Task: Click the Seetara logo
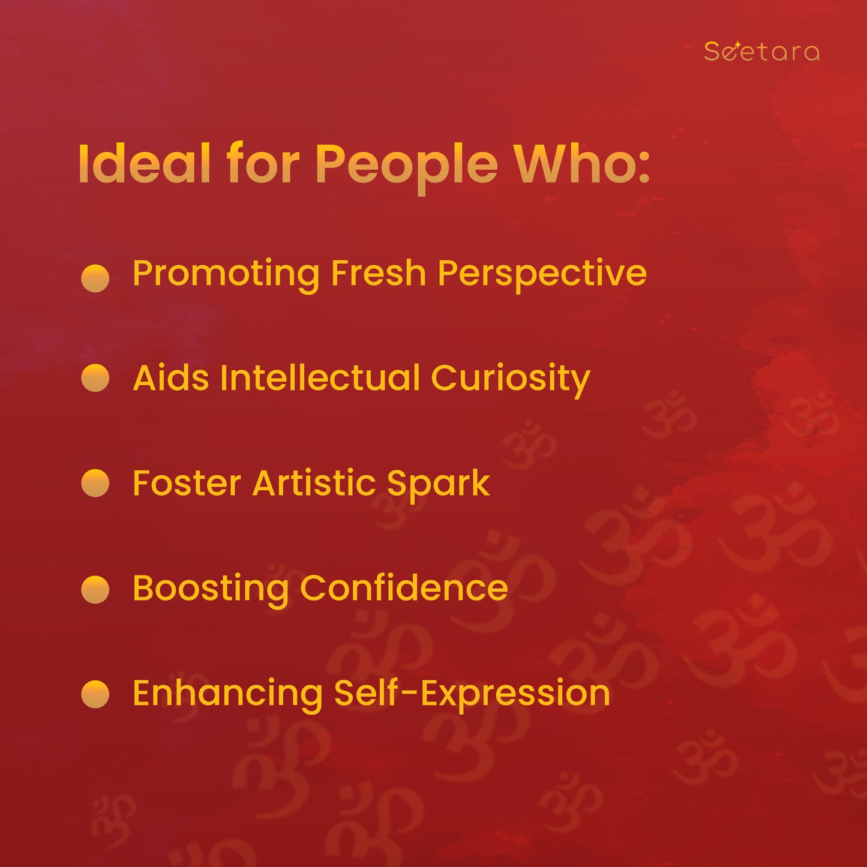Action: [761, 51]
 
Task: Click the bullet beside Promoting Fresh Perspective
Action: [95, 278]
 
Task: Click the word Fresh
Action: [379, 272]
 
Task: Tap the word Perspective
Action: [542, 275]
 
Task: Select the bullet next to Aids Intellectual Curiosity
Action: [95, 378]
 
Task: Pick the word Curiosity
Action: [511, 380]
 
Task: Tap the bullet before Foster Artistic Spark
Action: [95, 483]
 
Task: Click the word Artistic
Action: [314, 483]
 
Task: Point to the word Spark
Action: [439, 485]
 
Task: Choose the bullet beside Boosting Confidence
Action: [95, 589]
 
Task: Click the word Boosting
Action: [211, 591]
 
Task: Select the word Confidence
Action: [404, 587]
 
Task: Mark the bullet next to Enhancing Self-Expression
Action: [95, 694]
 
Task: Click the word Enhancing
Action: [228, 696]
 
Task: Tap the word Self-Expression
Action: [472, 696]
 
